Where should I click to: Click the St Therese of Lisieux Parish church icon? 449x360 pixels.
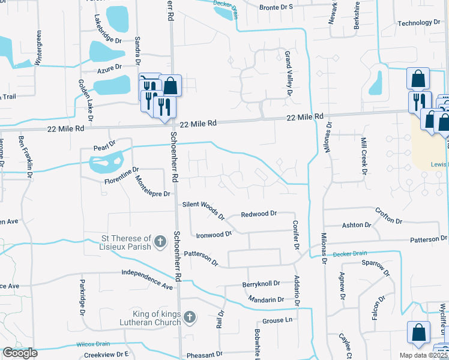click(x=160, y=242)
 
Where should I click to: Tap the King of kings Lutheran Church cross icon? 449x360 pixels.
click(x=189, y=316)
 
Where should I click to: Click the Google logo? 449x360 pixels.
click(x=20, y=353)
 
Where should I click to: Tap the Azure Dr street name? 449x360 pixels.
click(x=110, y=68)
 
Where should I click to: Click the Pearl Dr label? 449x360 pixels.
click(x=104, y=147)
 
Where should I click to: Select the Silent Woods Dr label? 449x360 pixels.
click(x=203, y=209)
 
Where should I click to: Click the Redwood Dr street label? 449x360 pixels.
click(x=258, y=214)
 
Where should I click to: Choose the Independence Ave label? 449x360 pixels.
click(x=146, y=277)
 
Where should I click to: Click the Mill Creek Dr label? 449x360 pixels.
click(x=363, y=155)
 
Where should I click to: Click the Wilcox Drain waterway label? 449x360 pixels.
click(x=93, y=344)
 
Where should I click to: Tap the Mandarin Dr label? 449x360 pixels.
click(x=265, y=299)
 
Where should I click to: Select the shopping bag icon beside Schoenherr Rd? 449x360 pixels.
click(x=170, y=85)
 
